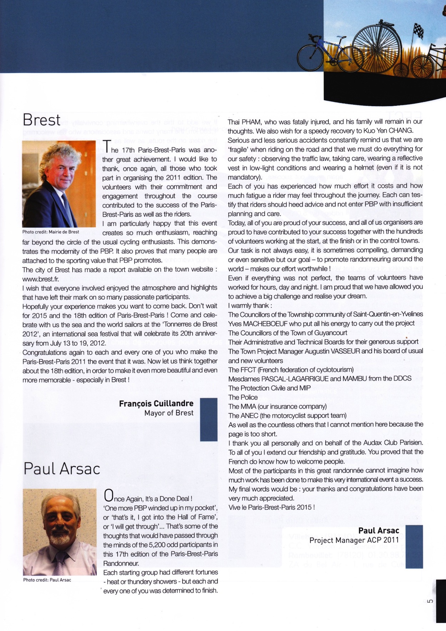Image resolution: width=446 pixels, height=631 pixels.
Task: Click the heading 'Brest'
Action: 41,120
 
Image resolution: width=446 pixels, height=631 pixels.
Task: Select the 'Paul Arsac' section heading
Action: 62,469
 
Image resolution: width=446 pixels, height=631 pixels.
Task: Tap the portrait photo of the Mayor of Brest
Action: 59,184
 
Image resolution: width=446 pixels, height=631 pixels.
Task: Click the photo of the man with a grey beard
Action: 60,532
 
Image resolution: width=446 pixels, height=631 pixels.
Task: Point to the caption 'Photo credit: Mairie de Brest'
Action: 51,232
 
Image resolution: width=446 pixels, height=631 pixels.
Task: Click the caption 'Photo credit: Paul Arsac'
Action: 47,580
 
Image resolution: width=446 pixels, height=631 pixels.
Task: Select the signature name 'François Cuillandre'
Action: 156,404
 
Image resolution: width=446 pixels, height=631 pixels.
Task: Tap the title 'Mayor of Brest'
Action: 169,413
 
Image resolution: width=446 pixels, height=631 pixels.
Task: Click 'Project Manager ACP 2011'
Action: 354,540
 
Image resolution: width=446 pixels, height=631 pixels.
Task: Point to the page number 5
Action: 430,601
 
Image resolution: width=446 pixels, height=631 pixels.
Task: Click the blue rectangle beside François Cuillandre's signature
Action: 209,419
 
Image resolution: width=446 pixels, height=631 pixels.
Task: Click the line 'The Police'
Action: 243,397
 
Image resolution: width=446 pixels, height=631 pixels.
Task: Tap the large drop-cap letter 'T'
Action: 106,146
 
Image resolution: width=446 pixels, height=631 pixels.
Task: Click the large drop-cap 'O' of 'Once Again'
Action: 108,495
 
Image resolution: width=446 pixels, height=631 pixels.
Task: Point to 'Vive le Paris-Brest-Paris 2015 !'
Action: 272,507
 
